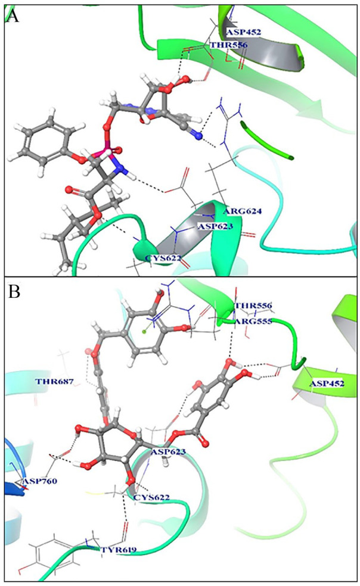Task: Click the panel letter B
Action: point(13,293)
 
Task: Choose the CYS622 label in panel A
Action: point(164,258)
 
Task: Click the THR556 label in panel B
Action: point(253,306)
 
